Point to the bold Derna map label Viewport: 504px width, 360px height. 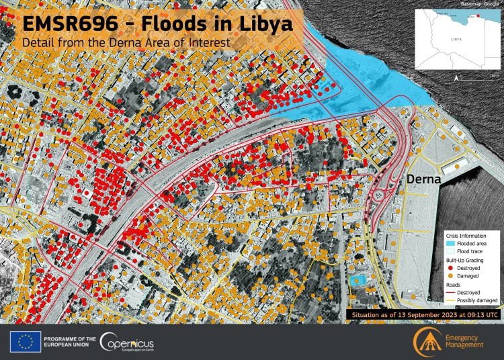coord(422,180)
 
